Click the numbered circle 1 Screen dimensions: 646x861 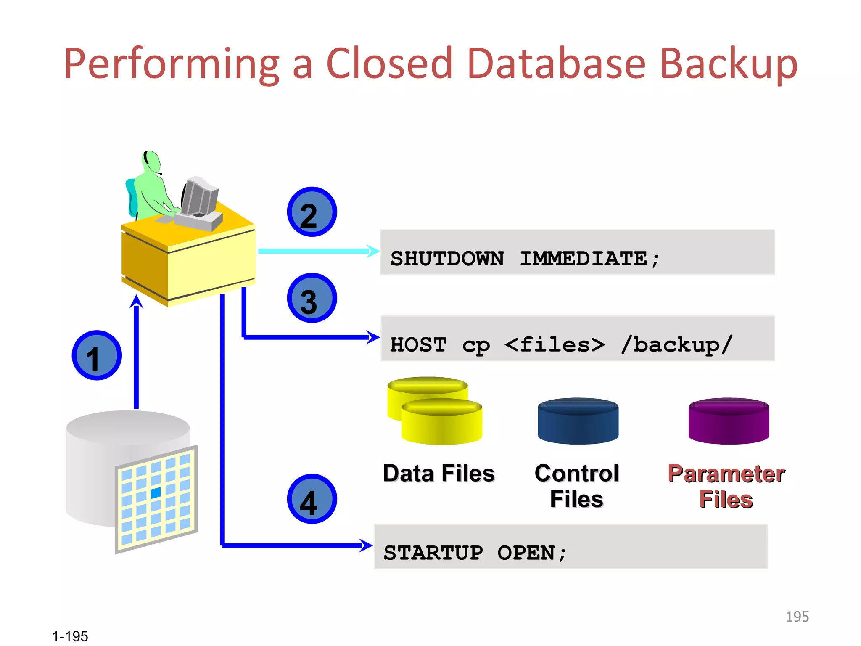coord(97,355)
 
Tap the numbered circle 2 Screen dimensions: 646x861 coord(312,212)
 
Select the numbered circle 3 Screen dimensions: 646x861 coord(312,298)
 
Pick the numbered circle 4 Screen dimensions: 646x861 coord(312,499)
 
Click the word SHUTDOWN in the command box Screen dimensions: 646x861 coord(447,258)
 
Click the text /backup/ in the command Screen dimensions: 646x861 coord(676,344)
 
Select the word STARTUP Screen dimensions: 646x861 coord(433,552)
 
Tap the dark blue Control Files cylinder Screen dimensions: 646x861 coord(578,421)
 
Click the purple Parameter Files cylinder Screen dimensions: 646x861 coord(729,421)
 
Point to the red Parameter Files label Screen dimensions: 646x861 coord(726,486)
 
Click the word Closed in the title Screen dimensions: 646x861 coord(388,64)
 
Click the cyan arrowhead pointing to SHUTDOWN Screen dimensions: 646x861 coord(372,251)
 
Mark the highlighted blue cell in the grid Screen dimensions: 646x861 coord(156,492)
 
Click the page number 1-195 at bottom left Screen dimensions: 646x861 coord(70,636)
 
